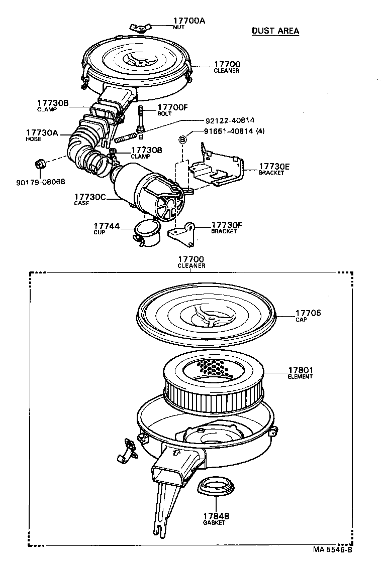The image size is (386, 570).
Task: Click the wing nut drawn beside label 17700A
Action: click(139, 27)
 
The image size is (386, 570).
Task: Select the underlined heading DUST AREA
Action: click(275, 31)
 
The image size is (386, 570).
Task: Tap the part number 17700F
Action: click(172, 107)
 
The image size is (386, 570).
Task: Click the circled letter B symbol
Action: click(183, 139)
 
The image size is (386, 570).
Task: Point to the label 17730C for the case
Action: click(89, 197)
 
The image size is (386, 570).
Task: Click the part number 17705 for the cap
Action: click(308, 313)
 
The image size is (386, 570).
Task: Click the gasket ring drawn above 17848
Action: click(217, 486)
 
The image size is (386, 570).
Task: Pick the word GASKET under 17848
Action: click(214, 523)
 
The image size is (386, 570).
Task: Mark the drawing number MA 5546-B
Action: click(332, 549)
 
